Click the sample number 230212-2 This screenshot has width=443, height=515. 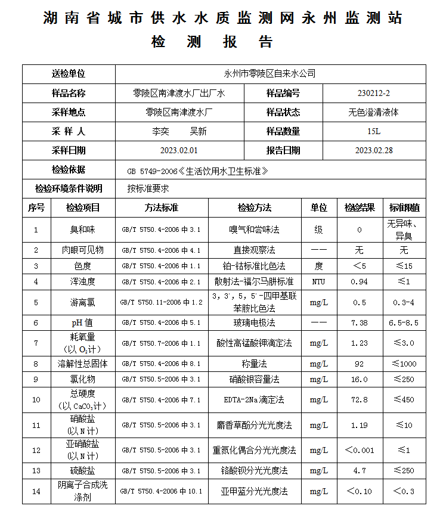pyautogui.click(x=374, y=93)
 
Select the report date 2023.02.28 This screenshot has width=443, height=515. pyautogui.click(x=374, y=150)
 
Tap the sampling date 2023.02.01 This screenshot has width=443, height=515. pyautogui.click(x=179, y=150)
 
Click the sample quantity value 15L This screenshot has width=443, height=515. pyautogui.click(x=374, y=131)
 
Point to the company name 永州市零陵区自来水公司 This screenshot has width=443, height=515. pyautogui.click(x=269, y=74)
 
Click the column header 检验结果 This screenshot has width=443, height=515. pyautogui.click(x=360, y=208)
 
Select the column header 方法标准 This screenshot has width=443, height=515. pyautogui.click(x=161, y=208)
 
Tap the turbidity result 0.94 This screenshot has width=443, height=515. pyautogui.click(x=360, y=282)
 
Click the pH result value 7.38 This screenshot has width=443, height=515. pyautogui.click(x=360, y=323)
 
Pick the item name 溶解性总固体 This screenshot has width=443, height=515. pyautogui.click(x=83, y=364)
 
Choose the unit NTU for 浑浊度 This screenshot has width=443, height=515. pyautogui.click(x=318, y=282)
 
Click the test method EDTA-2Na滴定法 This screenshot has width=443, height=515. pyautogui.click(x=254, y=399)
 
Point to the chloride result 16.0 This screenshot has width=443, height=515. pyautogui.click(x=360, y=380)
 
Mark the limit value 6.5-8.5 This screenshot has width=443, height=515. pyautogui.click(x=404, y=323)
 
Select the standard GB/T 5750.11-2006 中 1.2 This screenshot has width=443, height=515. pyautogui.click(x=161, y=302)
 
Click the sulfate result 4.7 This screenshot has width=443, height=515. pyautogui.click(x=360, y=471)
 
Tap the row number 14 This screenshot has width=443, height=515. pyautogui.click(x=36, y=492)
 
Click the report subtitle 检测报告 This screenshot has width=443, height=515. pyautogui.click(x=212, y=42)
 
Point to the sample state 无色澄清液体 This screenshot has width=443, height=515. pyautogui.click(x=374, y=112)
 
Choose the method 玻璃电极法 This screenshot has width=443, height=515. pyautogui.click(x=254, y=323)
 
